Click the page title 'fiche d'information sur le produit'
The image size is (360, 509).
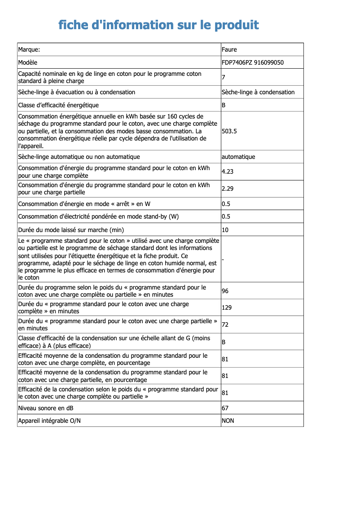pyautogui.click(x=158, y=25)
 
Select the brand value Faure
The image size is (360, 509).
pyautogui.click(x=229, y=49)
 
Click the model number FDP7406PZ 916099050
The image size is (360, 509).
pyautogui.click(x=253, y=62)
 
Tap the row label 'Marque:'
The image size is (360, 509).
pyautogui.click(x=29, y=49)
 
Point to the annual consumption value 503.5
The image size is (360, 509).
pyautogui.click(x=229, y=131)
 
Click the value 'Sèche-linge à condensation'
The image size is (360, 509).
pyautogui.click(x=258, y=92)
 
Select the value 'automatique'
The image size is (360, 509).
pyautogui.click(x=238, y=157)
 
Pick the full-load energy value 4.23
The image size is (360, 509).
pyautogui.click(x=228, y=171)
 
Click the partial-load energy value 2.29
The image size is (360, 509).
pyautogui.click(x=228, y=189)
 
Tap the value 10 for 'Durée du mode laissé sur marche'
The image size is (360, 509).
pyautogui.click(x=225, y=230)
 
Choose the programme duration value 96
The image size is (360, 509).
pyautogui.click(x=225, y=291)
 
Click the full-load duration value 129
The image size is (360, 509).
pyautogui.click(x=227, y=308)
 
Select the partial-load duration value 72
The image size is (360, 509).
pyautogui.click(x=225, y=325)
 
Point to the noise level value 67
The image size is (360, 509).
pyautogui.click(x=225, y=408)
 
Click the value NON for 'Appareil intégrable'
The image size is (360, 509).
pyautogui.click(x=228, y=421)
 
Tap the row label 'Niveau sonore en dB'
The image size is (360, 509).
pyautogui.click(x=46, y=408)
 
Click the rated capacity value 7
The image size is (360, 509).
pyautogui.click(x=224, y=78)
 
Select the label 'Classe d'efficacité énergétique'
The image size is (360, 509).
pyautogui.click(x=58, y=105)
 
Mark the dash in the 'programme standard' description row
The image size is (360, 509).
pyautogui.click(x=223, y=259)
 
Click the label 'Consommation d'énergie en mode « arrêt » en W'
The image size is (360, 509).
pyautogui.click(x=84, y=204)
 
